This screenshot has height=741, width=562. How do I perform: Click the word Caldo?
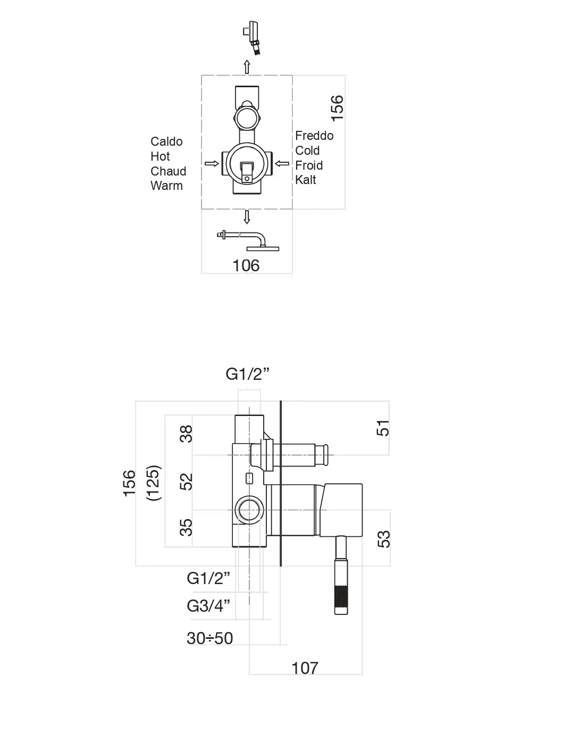tap(166, 141)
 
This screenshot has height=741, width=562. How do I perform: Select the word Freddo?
tap(314, 136)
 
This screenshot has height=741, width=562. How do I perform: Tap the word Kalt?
tap(306, 180)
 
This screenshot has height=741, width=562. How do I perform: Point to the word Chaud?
tap(168, 171)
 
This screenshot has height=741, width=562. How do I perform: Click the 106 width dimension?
tap(246, 265)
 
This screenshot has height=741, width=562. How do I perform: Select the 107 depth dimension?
tap(305, 668)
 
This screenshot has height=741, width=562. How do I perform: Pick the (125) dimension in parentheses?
tap(153, 482)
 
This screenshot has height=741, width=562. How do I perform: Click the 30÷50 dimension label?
tap(209, 638)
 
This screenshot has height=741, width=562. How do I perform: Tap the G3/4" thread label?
tap(208, 605)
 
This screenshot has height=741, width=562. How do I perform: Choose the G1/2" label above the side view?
tap(247, 374)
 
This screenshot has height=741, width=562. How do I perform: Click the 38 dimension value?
tap(186, 434)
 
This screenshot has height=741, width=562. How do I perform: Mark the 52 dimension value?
tap(186, 482)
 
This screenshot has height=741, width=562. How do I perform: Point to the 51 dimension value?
tap(383, 428)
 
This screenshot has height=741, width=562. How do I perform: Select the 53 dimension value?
tap(383, 539)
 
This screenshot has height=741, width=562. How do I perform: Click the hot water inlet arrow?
tap(212, 163)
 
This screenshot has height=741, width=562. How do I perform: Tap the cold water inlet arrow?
tap(282, 163)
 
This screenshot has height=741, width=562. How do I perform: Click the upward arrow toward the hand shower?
tap(247, 67)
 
